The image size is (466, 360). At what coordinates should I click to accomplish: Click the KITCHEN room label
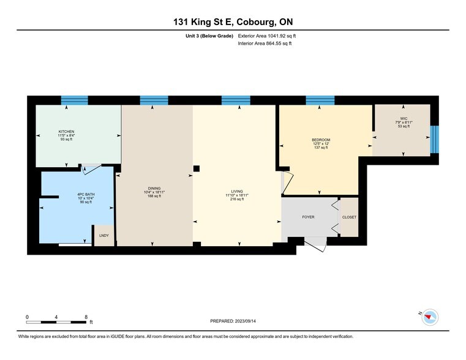click(67, 132)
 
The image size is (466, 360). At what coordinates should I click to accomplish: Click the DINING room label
click(154, 189)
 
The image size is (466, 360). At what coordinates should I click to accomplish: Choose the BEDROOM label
click(321, 140)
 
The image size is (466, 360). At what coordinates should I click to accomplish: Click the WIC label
click(404, 118)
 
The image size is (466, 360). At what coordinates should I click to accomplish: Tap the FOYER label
click(308, 217)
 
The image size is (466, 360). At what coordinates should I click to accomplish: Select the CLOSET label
click(349, 217)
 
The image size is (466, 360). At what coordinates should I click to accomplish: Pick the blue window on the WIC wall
click(434, 139)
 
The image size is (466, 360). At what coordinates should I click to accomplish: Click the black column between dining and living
click(196, 169)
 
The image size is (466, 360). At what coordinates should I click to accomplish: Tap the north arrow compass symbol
click(431, 317)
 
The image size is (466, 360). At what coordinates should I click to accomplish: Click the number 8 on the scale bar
click(86, 317)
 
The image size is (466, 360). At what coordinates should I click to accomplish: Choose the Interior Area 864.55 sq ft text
click(265, 43)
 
